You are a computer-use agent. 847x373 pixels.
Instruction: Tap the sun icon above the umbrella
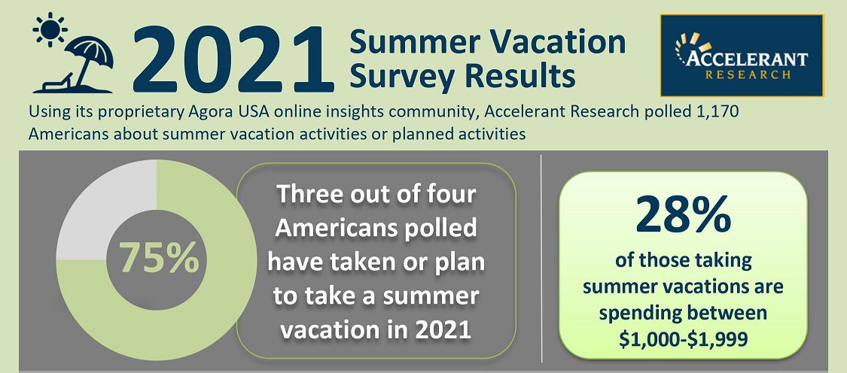50,30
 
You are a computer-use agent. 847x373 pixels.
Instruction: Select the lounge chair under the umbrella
54,82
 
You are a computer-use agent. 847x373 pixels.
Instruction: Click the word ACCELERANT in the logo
748,58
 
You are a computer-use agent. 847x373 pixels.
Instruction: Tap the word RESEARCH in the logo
748,74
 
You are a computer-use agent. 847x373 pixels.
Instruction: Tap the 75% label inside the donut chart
159,257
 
